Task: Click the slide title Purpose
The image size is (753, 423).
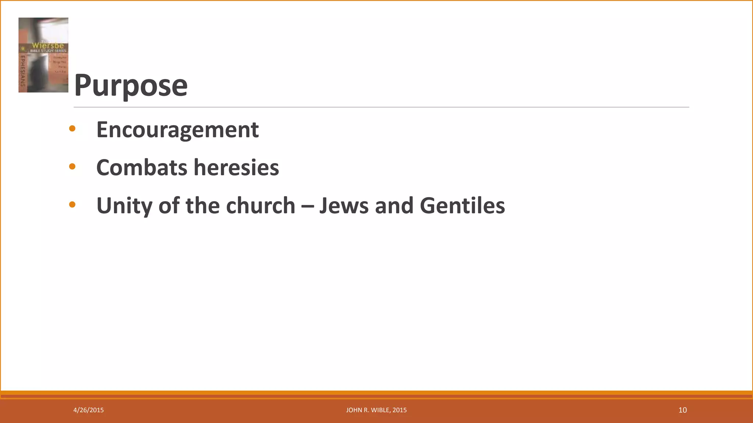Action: point(131,85)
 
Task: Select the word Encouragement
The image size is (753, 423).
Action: point(178,130)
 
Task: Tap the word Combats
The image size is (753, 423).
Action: point(142,167)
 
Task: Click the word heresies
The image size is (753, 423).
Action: point(236,167)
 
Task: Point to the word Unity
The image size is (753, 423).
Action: point(124,206)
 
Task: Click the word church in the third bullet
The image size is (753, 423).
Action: point(260,206)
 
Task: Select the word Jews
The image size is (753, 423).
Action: point(344,206)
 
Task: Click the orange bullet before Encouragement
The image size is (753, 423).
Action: point(72,129)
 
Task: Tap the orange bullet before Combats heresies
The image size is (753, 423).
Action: point(72,167)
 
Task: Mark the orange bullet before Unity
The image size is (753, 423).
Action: point(72,205)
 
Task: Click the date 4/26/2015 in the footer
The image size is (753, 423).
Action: point(89,410)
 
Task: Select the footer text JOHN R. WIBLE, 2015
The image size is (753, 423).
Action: point(376,410)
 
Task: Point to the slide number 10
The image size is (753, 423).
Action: point(682,410)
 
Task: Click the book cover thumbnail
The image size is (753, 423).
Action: point(43,55)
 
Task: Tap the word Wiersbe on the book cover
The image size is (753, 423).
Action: point(48,45)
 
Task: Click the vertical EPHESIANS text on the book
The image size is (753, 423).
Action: point(22,71)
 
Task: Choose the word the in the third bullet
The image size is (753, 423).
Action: point(203,206)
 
